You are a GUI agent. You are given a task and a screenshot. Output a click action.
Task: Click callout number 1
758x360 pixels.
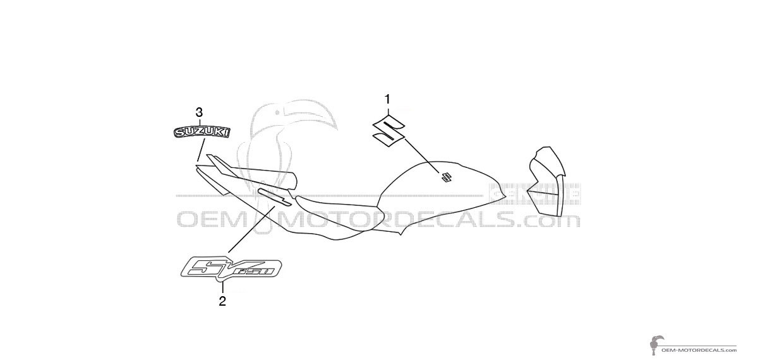[387, 100]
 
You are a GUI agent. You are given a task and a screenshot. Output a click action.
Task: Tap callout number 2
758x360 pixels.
[222, 301]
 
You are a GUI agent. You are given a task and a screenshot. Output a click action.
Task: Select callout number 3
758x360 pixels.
[200, 112]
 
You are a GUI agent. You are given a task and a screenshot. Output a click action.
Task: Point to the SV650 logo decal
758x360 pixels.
[231, 268]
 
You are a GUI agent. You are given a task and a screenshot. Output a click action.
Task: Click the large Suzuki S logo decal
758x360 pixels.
[389, 131]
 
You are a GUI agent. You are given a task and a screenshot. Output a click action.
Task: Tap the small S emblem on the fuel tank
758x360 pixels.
[446, 177]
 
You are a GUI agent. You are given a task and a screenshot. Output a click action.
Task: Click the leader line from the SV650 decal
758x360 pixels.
[252, 229]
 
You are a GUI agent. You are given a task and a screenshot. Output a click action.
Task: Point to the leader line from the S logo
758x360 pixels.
[423, 155]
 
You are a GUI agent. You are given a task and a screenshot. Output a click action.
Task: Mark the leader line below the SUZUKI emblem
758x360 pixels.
[201, 149]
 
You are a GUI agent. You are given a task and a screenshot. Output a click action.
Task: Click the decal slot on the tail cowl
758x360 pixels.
[274, 197]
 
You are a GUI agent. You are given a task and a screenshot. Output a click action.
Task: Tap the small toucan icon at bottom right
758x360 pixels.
[656, 345]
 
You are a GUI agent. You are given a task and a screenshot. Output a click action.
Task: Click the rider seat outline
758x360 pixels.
[339, 217]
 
